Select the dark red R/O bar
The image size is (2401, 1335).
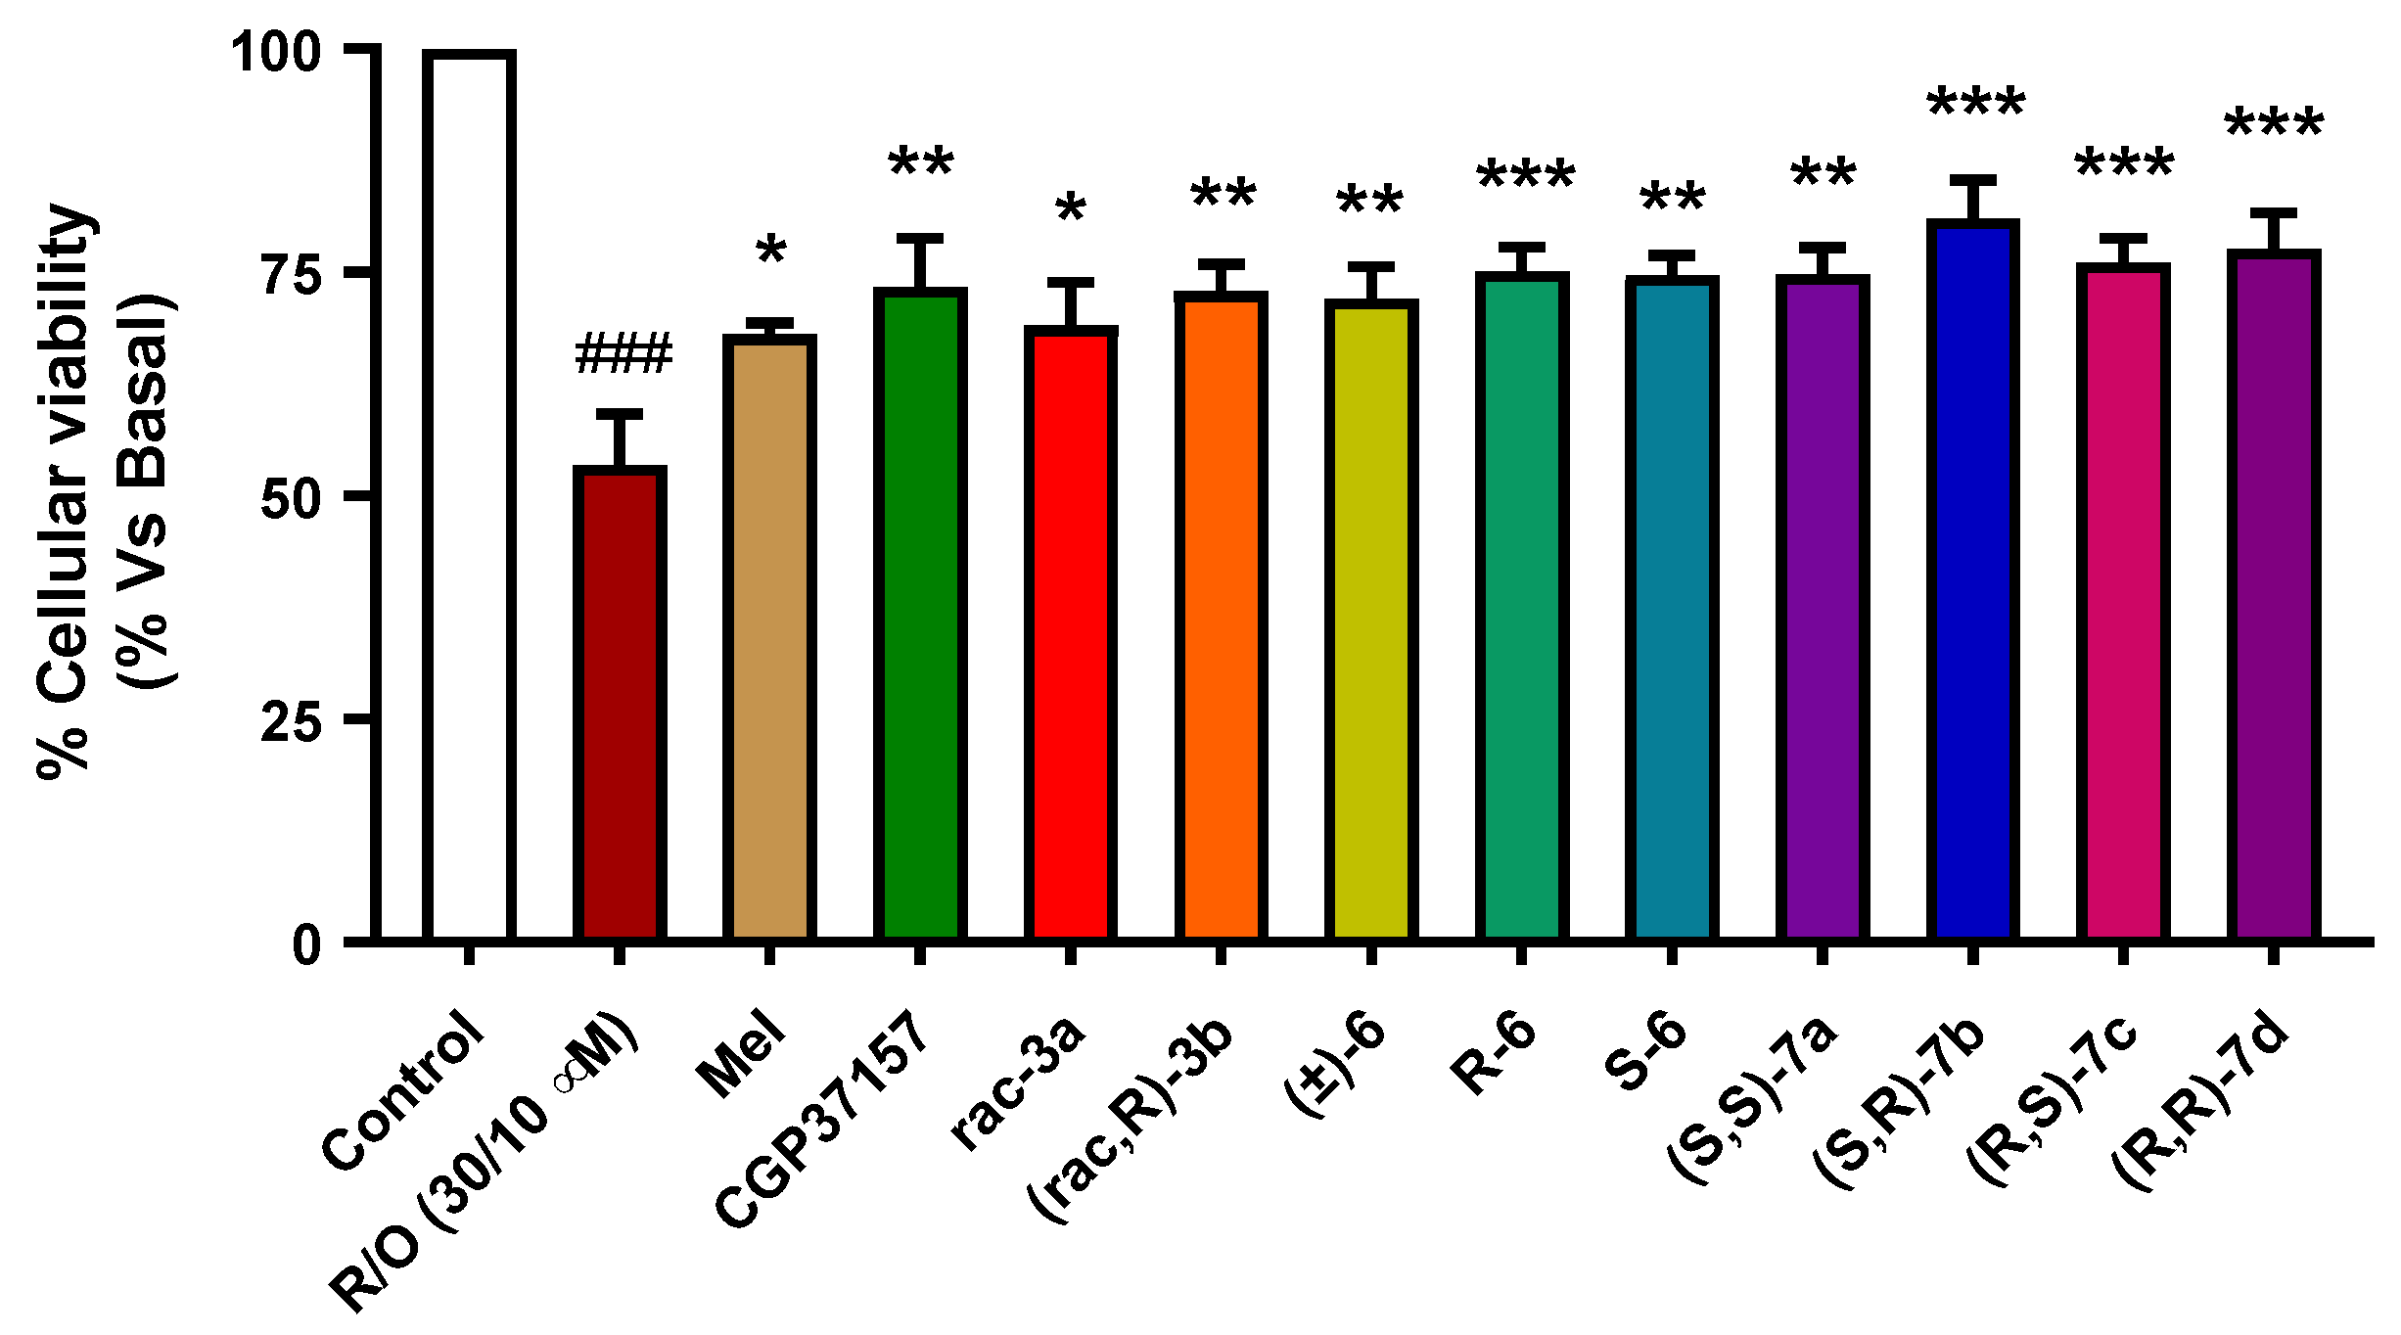pos(620,705)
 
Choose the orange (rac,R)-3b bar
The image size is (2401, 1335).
pos(1221,617)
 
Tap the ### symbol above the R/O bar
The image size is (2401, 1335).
pos(623,353)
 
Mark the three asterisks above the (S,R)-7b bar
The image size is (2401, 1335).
pos(1976,104)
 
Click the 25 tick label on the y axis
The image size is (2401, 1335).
pos(292,721)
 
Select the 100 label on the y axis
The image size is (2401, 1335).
pos(277,51)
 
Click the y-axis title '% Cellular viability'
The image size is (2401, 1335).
pos(67,489)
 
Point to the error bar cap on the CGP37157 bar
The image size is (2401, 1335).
pos(920,238)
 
